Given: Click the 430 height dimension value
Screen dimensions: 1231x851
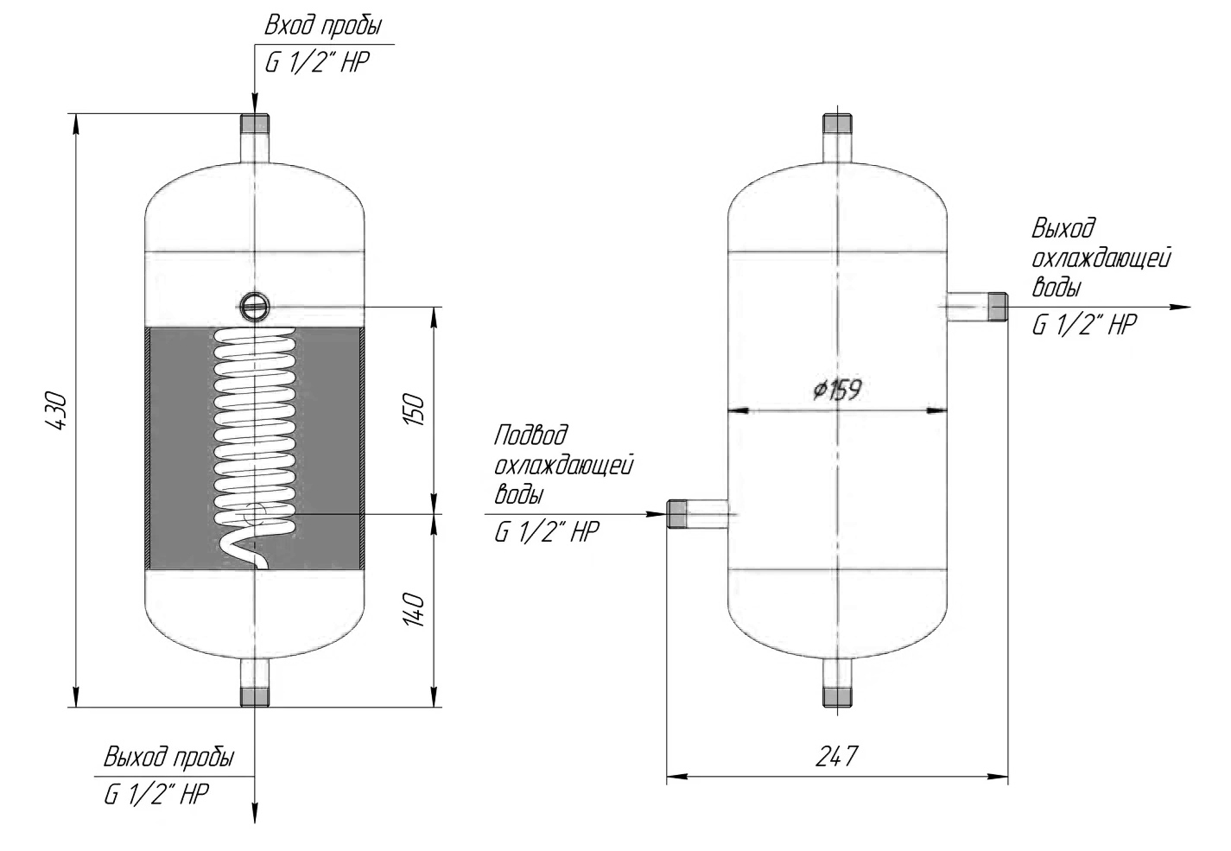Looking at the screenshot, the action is (x=57, y=410).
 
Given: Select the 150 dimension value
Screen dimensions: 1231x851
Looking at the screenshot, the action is (x=415, y=410).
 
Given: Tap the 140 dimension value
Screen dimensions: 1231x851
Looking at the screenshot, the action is (x=415, y=610).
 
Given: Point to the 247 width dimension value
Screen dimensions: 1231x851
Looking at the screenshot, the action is (x=836, y=757).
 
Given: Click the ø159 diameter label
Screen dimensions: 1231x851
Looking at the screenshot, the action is (x=837, y=391).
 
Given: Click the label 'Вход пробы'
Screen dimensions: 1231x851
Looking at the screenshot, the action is (x=323, y=26).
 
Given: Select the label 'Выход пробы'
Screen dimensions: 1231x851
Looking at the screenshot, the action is (x=169, y=757).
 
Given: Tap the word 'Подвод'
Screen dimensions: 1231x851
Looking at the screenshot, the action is (x=530, y=435).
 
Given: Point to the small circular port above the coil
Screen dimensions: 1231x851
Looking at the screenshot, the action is (x=255, y=306).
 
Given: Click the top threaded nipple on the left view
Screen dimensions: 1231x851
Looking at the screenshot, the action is (x=255, y=124).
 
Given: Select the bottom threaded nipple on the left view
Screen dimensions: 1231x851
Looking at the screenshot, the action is (x=255, y=696).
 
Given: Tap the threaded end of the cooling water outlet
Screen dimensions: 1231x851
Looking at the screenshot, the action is (x=998, y=307).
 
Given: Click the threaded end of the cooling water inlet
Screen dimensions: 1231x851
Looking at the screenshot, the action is (x=676, y=514).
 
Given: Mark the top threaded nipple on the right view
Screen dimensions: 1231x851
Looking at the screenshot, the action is (x=837, y=124).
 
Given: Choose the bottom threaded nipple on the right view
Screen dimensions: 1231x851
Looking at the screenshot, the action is (x=837, y=696).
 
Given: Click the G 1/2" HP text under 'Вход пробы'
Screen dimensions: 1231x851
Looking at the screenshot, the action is (x=317, y=62).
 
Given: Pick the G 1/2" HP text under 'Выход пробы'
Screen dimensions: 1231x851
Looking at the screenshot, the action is (x=156, y=794).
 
